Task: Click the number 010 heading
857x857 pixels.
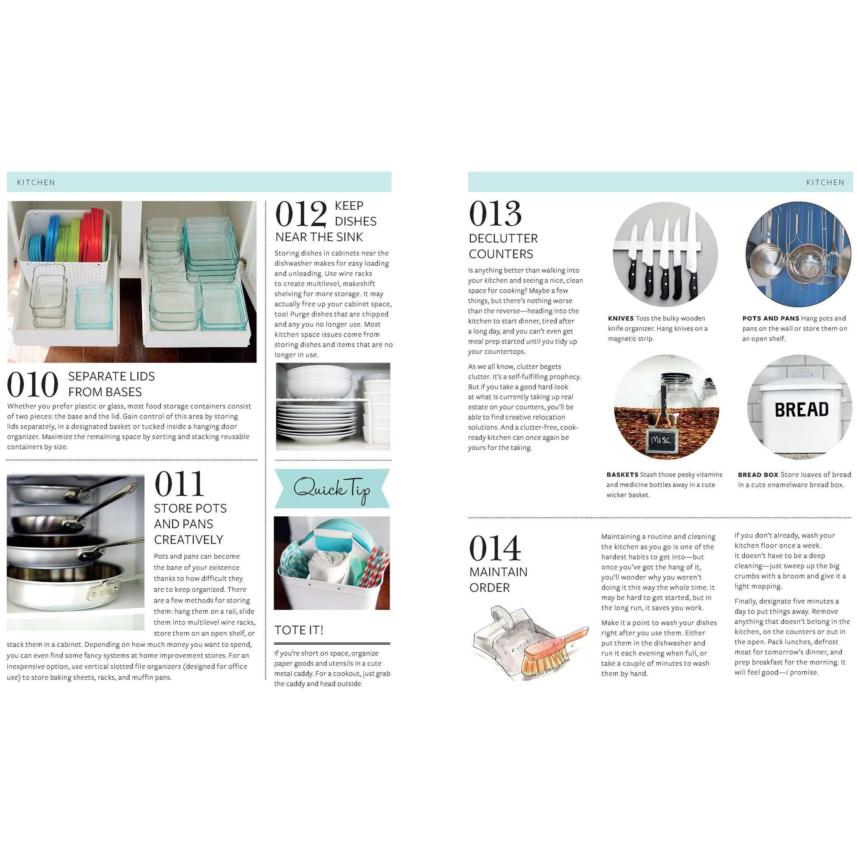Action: point(33,384)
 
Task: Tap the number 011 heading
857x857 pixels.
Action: point(179,484)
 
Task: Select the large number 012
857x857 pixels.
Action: point(301,214)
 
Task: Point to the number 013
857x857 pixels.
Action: point(495,214)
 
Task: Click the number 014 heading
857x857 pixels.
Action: point(495,548)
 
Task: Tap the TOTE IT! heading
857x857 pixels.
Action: point(299,630)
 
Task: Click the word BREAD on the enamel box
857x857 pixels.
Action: point(801,410)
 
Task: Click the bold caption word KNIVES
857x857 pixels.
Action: point(620,318)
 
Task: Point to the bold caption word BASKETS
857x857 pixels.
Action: point(622,475)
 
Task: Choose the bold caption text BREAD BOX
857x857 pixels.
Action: point(758,475)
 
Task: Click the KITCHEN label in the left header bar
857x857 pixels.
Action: point(36,182)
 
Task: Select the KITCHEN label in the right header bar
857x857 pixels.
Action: point(825,182)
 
